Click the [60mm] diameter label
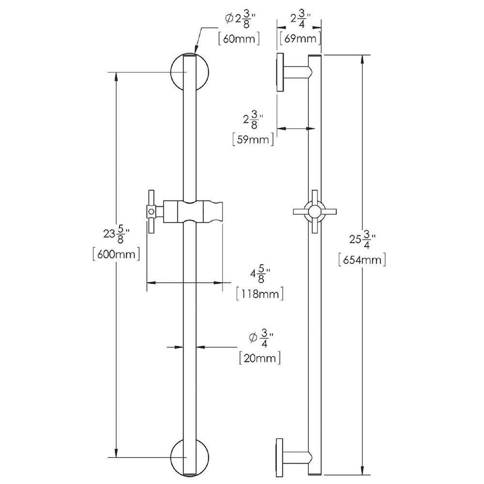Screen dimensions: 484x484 click(x=239, y=39)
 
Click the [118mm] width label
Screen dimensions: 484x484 click(x=259, y=293)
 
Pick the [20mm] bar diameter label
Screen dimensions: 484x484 click(x=260, y=358)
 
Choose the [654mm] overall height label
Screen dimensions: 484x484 click(x=362, y=259)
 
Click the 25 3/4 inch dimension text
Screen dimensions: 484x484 click(x=362, y=239)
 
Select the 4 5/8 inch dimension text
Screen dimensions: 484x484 click(x=260, y=273)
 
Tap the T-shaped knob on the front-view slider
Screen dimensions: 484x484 click(x=151, y=212)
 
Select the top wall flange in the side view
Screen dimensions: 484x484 click(x=280, y=72)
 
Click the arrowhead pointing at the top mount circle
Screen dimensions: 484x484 click(x=196, y=48)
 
